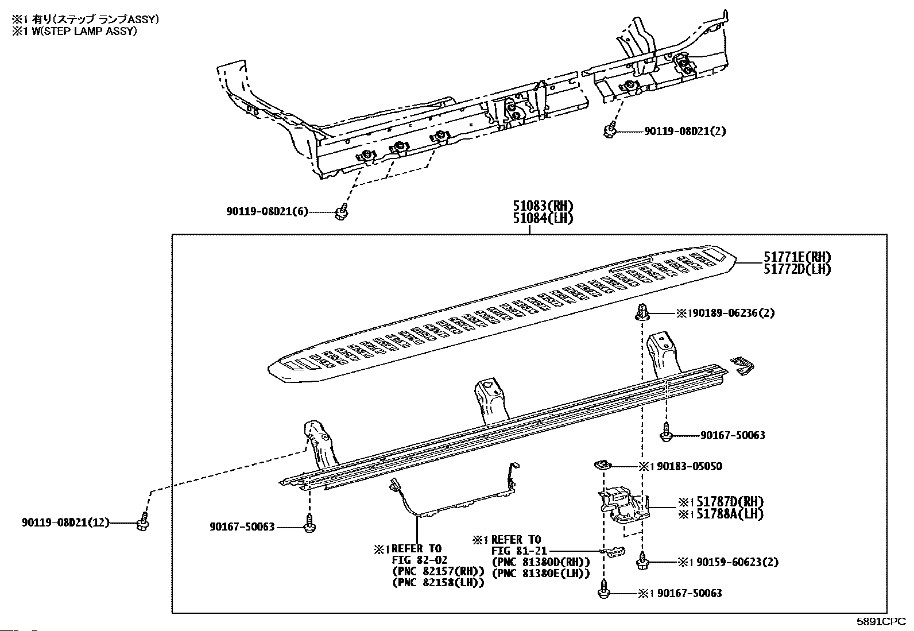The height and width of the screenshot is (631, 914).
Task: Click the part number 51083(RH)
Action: (543, 206)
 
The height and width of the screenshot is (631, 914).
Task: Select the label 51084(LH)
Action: (543, 218)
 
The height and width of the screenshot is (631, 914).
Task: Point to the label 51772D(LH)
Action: (797, 269)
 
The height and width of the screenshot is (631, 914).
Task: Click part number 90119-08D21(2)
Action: (684, 131)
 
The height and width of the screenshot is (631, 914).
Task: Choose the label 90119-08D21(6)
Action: (266, 212)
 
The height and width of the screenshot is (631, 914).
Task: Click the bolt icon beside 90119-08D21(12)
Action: (142, 524)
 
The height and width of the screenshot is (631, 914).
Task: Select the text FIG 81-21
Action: (515, 551)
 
